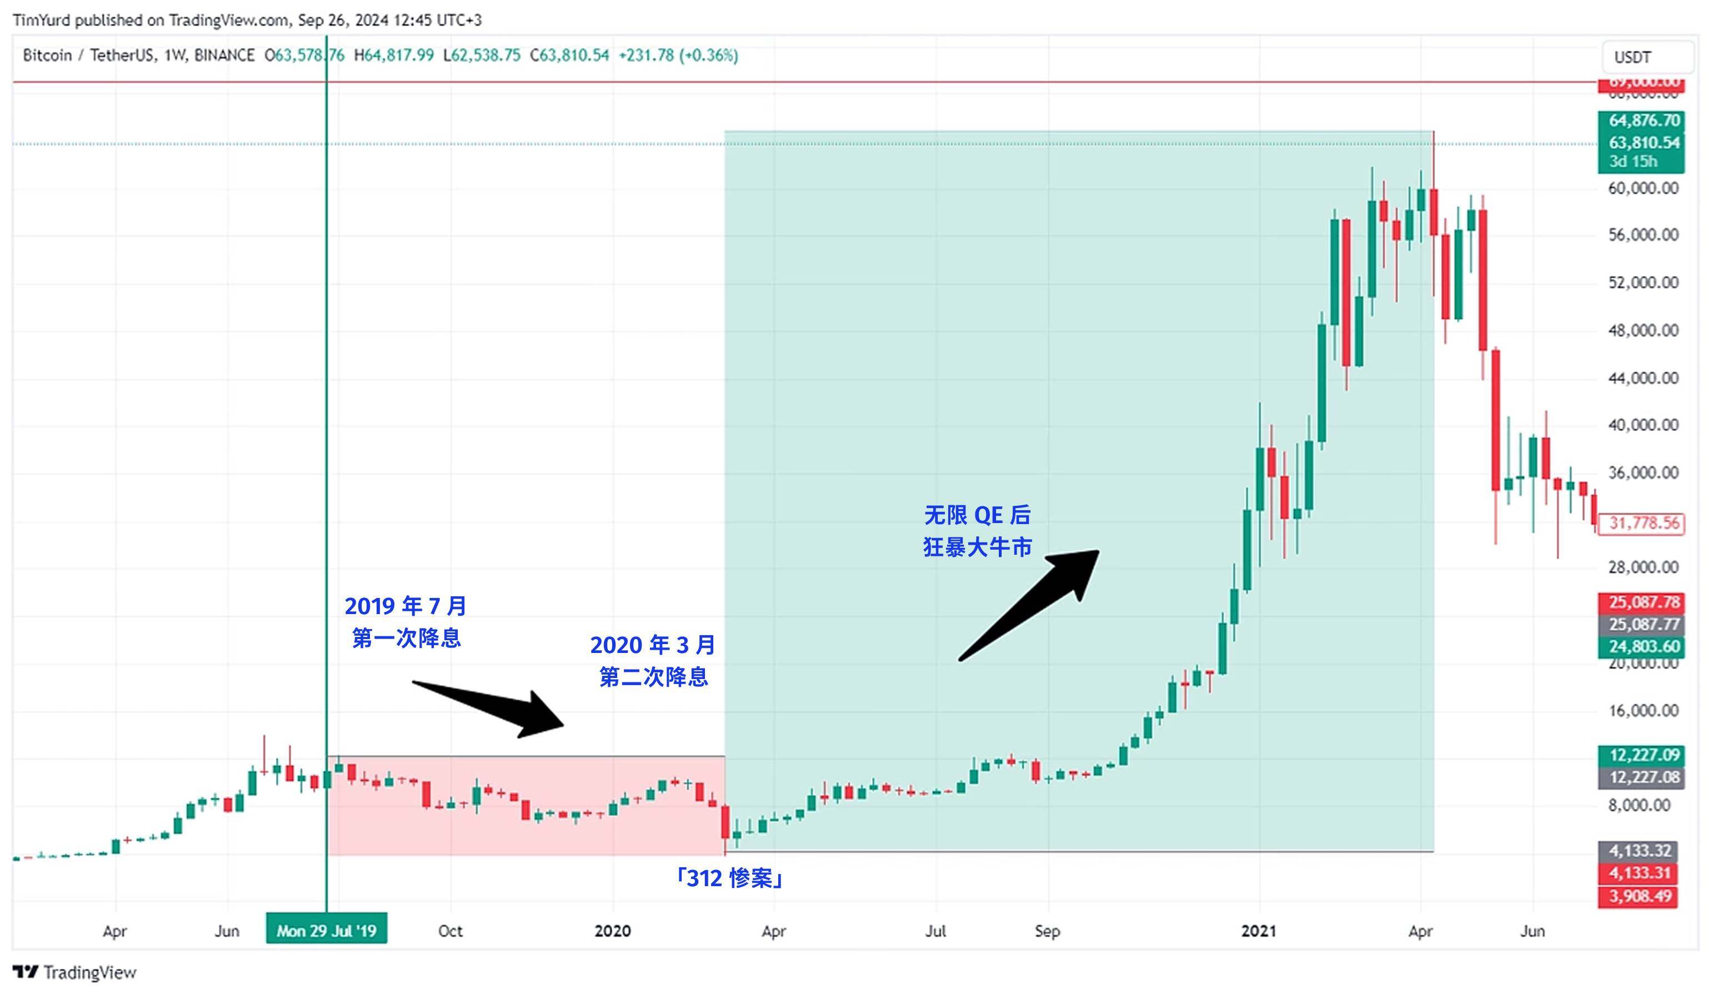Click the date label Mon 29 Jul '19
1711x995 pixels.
(326, 930)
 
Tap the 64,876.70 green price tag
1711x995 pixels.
(1644, 121)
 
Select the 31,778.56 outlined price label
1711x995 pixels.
(1644, 523)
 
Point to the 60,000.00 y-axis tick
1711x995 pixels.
(1643, 188)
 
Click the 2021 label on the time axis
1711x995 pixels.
(1259, 931)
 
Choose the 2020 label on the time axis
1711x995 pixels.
(612, 931)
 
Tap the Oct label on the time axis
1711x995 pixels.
(450, 931)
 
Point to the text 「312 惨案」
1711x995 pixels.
(728, 879)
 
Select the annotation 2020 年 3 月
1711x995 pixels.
(653, 645)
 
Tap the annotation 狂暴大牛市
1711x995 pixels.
(977, 547)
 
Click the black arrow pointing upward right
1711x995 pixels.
(1029, 604)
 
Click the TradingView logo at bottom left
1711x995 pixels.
(74, 973)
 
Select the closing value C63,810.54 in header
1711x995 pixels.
(569, 56)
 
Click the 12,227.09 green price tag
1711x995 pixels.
(1644, 755)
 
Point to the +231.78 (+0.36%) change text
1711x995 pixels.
(678, 56)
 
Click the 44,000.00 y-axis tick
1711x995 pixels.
(1643, 378)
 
